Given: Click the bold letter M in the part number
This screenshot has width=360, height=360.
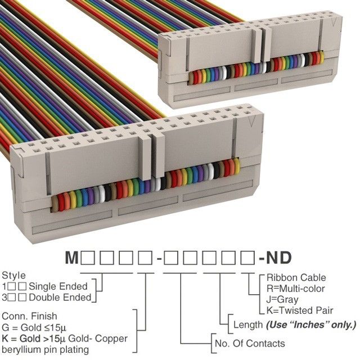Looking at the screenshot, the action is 72,258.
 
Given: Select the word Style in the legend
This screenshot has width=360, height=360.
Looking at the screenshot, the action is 13,276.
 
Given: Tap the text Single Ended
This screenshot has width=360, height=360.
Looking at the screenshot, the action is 58,286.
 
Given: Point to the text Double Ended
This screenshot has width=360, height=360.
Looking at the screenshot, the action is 60,298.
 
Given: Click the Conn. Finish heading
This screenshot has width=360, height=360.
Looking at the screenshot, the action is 29,316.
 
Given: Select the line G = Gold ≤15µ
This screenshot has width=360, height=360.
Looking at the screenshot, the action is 34,327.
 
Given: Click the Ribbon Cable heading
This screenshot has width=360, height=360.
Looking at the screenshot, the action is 296,277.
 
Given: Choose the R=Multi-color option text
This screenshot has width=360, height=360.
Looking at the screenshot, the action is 296,289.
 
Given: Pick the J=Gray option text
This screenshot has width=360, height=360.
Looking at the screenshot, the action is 282,300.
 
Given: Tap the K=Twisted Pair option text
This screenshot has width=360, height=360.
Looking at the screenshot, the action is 300,310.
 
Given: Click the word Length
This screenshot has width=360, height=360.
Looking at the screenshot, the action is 248,325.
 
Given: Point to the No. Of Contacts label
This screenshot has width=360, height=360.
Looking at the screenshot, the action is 250,344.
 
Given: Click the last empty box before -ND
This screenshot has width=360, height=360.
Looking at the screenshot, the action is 247,258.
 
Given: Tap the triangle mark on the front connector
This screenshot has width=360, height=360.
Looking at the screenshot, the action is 252,121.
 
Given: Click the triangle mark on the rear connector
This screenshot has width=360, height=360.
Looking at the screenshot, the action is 334,22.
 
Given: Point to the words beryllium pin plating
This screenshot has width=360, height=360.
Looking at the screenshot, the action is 45,350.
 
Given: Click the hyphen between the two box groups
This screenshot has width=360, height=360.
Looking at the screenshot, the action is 159,259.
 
